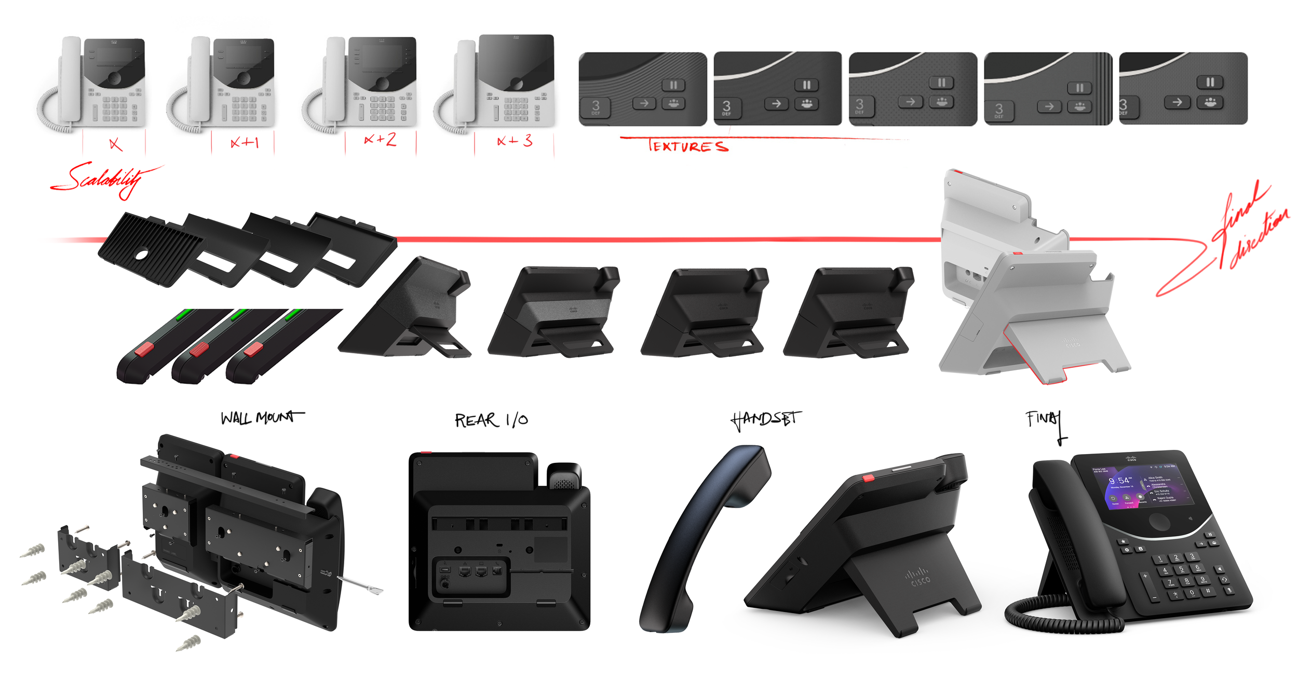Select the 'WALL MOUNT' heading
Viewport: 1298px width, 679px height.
click(x=262, y=418)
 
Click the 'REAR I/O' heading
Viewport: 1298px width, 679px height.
click(x=491, y=420)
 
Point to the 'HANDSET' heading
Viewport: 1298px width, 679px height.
click(x=765, y=419)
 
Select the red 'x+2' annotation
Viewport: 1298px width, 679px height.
click(x=380, y=140)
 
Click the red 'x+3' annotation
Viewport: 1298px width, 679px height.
click(x=515, y=141)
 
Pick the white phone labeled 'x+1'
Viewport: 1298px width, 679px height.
click(x=223, y=83)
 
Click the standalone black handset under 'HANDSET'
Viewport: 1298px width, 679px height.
click(x=701, y=535)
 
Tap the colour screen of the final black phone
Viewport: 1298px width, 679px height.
click(x=1140, y=485)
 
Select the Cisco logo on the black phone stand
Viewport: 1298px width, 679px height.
click(x=917, y=577)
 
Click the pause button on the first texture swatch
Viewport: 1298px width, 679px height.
click(x=673, y=85)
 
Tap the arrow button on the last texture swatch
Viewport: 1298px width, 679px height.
click(x=1177, y=102)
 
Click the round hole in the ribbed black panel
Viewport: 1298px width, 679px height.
click(x=141, y=255)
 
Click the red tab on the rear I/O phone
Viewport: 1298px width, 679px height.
click(x=426, y=454)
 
